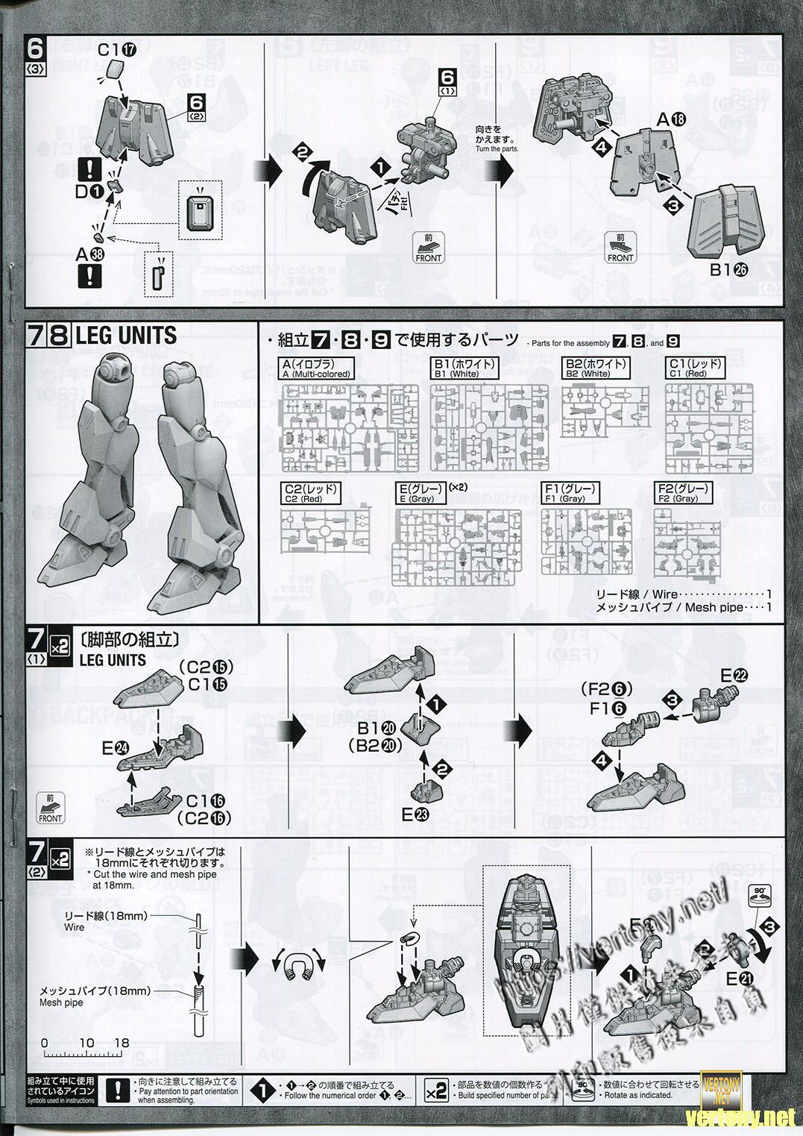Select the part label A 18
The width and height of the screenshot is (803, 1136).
click(669, 120)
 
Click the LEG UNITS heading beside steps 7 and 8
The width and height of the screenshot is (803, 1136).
click(126, 336)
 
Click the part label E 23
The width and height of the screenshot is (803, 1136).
click(415, 815)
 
